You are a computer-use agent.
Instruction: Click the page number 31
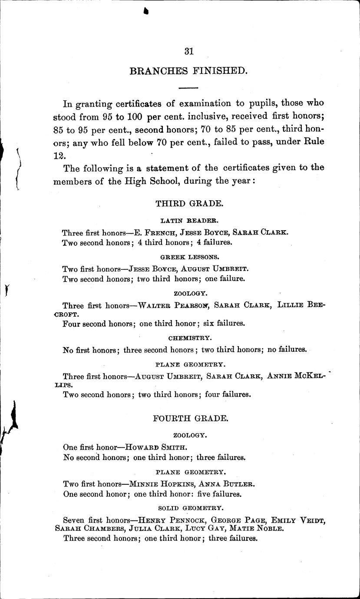pyautogui.click(x=188, y=51)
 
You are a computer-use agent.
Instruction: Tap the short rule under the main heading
pyautogui.click(x=188, y=88)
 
